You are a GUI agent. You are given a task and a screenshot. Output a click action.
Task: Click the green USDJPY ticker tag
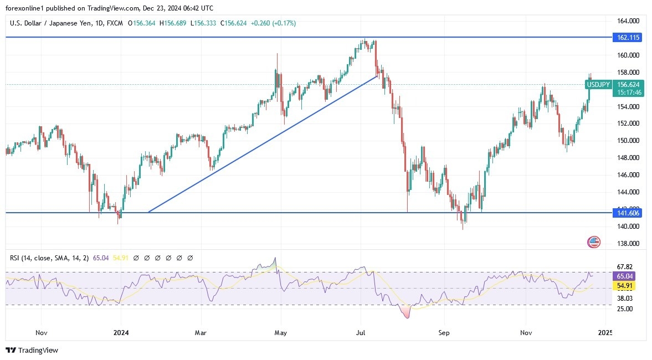(598, 85)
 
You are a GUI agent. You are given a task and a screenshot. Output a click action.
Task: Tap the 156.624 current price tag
(629, 85)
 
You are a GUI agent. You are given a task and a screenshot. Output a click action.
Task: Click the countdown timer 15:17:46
(629, 93)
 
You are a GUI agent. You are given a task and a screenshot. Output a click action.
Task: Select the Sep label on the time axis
(444, 333)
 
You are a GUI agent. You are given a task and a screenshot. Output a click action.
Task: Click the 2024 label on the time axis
(121, 333)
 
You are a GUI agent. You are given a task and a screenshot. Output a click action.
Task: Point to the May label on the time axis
(281, 333)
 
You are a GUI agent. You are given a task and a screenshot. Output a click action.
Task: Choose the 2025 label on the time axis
(605, 333)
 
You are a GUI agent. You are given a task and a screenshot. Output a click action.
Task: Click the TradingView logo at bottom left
(32, 350)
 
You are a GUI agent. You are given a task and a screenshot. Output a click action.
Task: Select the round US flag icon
(594, 241)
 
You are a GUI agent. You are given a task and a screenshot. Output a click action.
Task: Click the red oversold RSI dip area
(408, 313)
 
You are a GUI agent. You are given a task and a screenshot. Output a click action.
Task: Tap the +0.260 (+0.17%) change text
(274, 23)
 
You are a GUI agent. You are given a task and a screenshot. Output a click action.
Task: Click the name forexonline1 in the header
(26, 8)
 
